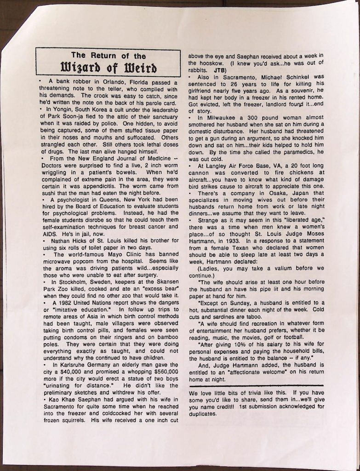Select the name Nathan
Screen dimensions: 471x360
click(x=60, y=241)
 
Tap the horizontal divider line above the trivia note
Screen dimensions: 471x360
click(x=257, y=385)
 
